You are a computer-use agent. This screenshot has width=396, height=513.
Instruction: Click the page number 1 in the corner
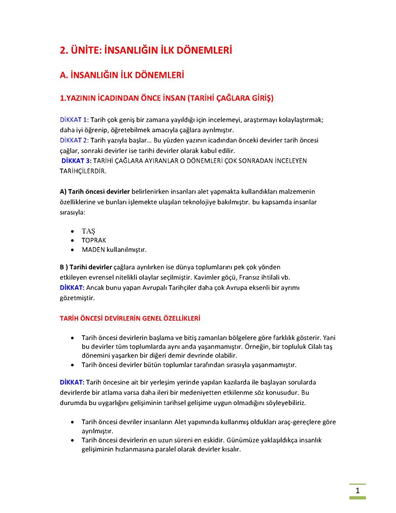pyautogui.click(x=357, y=491)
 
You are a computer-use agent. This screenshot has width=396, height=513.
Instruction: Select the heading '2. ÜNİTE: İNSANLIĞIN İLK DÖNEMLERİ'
pyautogui.click(x=146, y=50)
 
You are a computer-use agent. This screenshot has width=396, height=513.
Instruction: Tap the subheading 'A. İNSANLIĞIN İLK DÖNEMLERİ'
pyautogui.click(x=122, y=75)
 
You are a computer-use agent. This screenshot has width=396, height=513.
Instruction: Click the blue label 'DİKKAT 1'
pyautogui.click(x=73, y=120)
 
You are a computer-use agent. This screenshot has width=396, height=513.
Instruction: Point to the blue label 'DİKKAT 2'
pyautogui.click(x=73, y=140)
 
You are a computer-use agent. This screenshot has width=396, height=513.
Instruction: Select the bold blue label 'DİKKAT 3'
pyautogui.click(x=76, y=161)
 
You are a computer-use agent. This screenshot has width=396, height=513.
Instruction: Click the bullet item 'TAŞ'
pyautogui.click(x=88, y=231)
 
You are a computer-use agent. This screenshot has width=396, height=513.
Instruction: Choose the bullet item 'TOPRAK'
pyautogui.click(x=94, y=240)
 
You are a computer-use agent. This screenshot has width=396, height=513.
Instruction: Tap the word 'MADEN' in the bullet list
pyautogui.click(x=93, y=250)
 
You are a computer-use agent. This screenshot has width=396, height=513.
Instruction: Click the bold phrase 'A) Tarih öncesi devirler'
pyautogui.click(x=95, y=192)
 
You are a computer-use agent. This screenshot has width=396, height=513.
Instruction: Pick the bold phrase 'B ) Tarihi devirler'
pyautogui.click(x=86, y=267)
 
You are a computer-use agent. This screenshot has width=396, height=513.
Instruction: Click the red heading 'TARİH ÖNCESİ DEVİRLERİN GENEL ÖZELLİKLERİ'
pyautogui.click(x=130, y=318)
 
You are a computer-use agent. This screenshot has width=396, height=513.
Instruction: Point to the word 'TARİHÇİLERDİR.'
pyautogui.click(x=83, y=171)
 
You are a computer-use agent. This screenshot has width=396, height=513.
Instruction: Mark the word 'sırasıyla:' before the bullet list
pyautogui.click(x=72, y=212)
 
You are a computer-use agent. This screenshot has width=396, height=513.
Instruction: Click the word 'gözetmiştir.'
pyautogui.click(x=77, y=298)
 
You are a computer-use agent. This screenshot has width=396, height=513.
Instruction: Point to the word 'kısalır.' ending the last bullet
pyautogui.click(x=230, y=449)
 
